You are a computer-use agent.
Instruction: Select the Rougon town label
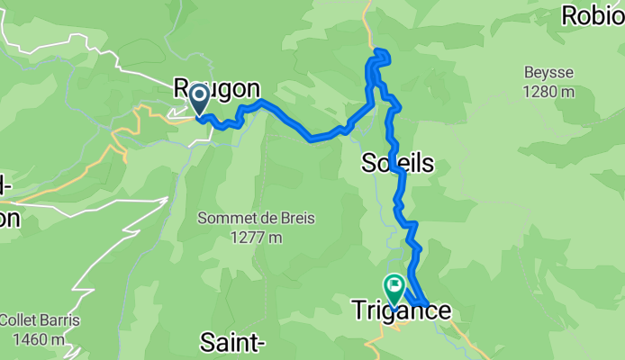pos(216,89)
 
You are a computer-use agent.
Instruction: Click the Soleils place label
pos(397,164)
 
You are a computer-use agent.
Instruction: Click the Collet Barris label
pos(40,320)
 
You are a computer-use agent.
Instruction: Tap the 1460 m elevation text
pos(40,338)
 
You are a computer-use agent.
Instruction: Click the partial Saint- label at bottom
pos(232,342)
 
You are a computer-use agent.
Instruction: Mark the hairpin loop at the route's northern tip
pos(380,58)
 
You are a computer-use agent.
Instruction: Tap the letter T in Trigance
pos(355,311)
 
